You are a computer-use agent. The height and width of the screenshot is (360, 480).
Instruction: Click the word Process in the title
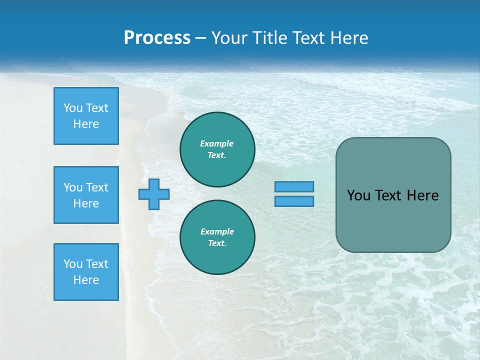(157, 38)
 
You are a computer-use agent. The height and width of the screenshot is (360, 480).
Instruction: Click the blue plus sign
(154, 194)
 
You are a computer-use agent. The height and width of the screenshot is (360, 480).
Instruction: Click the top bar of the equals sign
(294, 186)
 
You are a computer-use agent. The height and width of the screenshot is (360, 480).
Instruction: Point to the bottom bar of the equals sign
(294, 201)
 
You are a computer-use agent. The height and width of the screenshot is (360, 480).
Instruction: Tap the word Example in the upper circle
(217, 143)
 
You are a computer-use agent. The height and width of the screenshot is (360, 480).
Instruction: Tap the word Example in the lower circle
(217, 231)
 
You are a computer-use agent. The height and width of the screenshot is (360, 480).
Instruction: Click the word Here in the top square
(86, 124)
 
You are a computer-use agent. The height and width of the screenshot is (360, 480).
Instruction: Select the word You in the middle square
(73, 187)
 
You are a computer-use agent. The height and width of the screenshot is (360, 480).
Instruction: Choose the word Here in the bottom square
(86, 280)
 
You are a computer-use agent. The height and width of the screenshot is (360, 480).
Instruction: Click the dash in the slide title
(201, 38)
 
